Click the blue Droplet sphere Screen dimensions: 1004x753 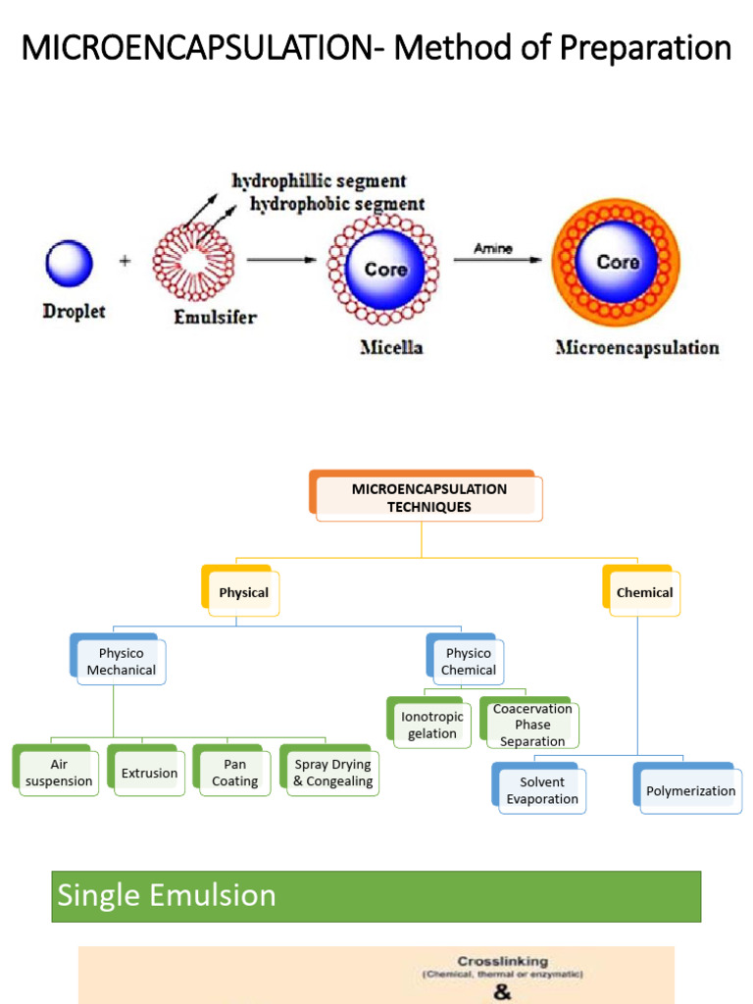click(69, 264)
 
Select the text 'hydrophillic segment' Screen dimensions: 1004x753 click(319, 181)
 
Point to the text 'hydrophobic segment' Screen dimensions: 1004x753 click(337, 204)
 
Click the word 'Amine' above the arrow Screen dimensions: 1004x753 click(493, 249)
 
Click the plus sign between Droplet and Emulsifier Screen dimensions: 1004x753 click(125, 262)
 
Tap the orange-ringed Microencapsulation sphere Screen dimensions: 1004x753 click(616, 263)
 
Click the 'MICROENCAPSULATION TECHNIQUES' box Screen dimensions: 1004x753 click(428, 498)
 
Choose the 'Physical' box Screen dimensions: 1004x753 click(243, 592)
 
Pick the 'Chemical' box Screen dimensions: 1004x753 click(644, 592)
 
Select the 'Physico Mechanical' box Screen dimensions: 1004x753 click(121, 662)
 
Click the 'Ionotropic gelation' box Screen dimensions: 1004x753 click(431, 725)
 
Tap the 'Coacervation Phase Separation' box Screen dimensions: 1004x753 click(532, 725)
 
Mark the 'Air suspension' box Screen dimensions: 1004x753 click(59, 773)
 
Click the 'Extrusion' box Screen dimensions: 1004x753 click(149, 773)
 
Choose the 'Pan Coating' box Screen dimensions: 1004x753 click(234, 773)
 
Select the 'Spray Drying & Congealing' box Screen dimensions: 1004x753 click(332, 773)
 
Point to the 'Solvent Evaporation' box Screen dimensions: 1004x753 click(542, 790)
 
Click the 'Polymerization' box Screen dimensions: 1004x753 click(690, 790)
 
